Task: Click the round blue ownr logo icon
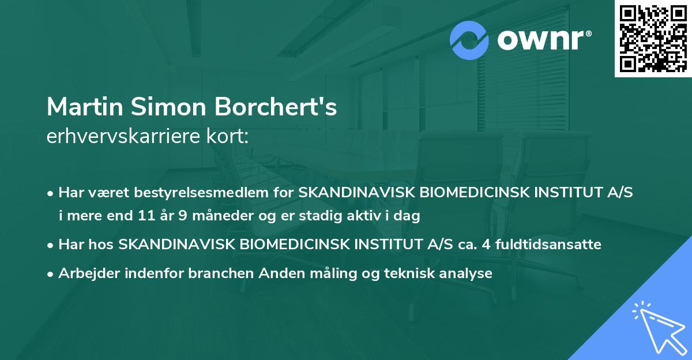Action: [469, 40]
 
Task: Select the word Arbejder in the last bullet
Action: [85, 273]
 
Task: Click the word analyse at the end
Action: [467, 273]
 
